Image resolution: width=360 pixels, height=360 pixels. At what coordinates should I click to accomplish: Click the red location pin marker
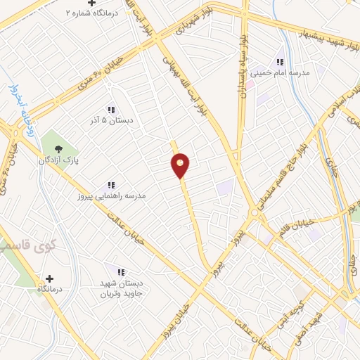click(181, 165)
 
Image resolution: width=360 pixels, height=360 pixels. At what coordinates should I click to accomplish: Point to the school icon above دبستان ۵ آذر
click(110, 109)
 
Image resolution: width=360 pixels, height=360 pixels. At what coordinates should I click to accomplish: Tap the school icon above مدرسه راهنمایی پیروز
click(111, 184)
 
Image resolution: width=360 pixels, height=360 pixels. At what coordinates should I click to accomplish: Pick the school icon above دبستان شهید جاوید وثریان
click(120, 271)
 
